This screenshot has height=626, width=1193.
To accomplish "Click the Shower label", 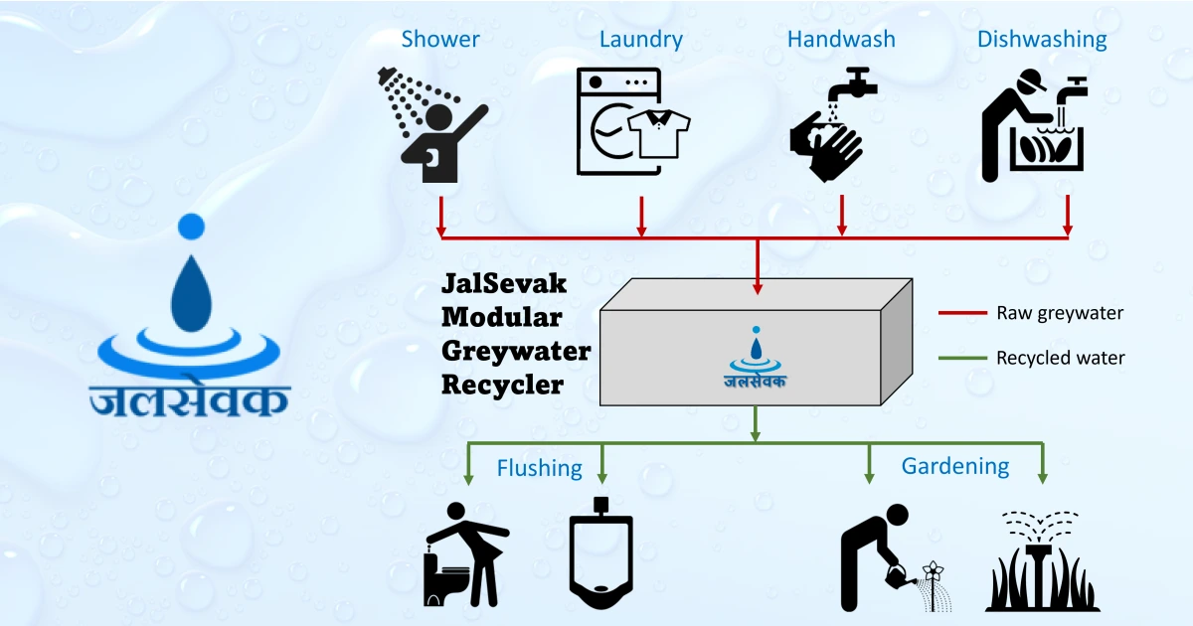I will (x=440, y=40).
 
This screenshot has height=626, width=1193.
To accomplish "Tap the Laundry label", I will (x=641, y=40).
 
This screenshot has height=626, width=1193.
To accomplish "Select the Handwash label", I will (x=841, y=40).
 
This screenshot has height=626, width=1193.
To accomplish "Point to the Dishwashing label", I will (x=1042, y=40).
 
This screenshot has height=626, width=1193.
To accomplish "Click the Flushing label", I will (x=540, y=467).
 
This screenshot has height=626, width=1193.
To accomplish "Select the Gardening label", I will (x=955, y=465).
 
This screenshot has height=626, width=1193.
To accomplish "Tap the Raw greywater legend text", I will (x=1060, y=313).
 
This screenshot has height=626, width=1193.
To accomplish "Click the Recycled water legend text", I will (x=1061, y=358).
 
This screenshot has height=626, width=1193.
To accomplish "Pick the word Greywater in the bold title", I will (x=516, y=351).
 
